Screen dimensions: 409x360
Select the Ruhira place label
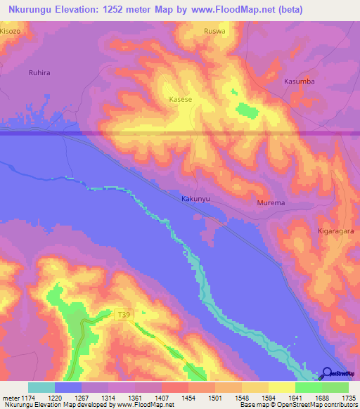click(x=39, y=72)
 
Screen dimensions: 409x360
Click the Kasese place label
click(x=181, y=100)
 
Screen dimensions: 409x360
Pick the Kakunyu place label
click(x=196, y=199)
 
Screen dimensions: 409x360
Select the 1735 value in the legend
click(x=347, y=398)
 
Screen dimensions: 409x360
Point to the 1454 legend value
click(x=188, y=398)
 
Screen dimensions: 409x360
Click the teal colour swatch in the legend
click(x=41, y=387)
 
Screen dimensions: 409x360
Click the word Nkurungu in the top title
click(x=30, y=10)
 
